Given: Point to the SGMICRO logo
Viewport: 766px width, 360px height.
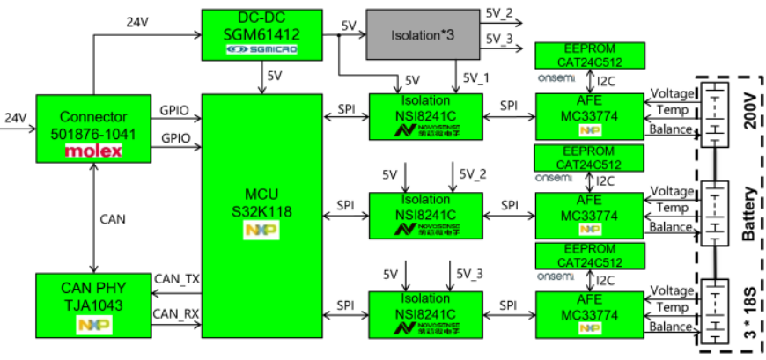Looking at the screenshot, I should [x=261, y=51].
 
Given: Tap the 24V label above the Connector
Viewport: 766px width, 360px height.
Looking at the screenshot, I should [x=137, y=21].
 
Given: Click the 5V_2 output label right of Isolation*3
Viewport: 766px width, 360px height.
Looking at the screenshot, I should [x=498, y=14].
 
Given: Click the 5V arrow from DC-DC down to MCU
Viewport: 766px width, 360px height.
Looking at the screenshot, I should [x=262, y=77].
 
